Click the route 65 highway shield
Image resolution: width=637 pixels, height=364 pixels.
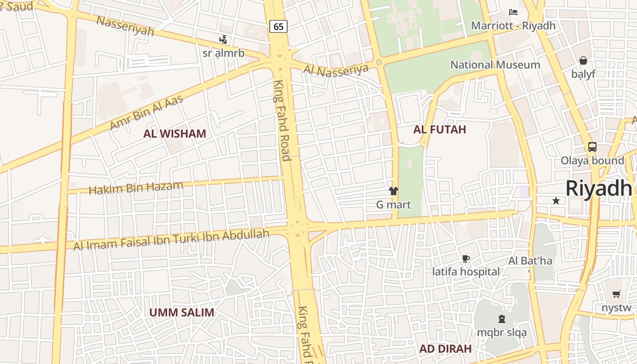tap(278, 26)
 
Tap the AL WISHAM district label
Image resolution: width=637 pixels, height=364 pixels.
tap(175, 134)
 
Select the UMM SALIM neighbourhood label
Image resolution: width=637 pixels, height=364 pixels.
tap(182, 313)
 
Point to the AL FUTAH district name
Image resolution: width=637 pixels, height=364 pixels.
tap(440, 130)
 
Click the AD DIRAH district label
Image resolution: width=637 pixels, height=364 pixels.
tap(445, 349)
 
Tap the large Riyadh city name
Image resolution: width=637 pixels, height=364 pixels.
tap(599, 188)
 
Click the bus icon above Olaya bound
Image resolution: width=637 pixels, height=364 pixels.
tap(592, 147)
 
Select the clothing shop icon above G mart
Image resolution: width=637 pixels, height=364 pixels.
tap(393, 191)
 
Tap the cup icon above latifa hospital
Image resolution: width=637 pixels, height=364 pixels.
tap(465, 259)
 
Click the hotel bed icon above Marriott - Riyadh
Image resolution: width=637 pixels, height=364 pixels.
tap(513, 12)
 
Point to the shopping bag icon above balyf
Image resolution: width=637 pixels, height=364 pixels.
tap(583, 61)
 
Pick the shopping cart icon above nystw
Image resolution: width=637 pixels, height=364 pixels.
tap(616, 294)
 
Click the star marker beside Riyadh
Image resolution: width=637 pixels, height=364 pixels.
tap(556, 201)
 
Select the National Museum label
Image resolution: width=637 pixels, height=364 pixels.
tap(495, 65)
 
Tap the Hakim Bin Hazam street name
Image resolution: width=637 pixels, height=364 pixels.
tap(136, 187)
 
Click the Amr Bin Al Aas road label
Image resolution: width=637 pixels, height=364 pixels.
tap(147, 112)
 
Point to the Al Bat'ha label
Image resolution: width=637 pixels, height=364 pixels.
tap(530, 261)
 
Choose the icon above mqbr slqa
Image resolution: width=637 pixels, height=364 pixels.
tap(501, 319)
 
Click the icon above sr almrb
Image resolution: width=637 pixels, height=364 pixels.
tap(223, 40)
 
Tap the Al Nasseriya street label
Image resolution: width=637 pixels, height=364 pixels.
tap(335, 70)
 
